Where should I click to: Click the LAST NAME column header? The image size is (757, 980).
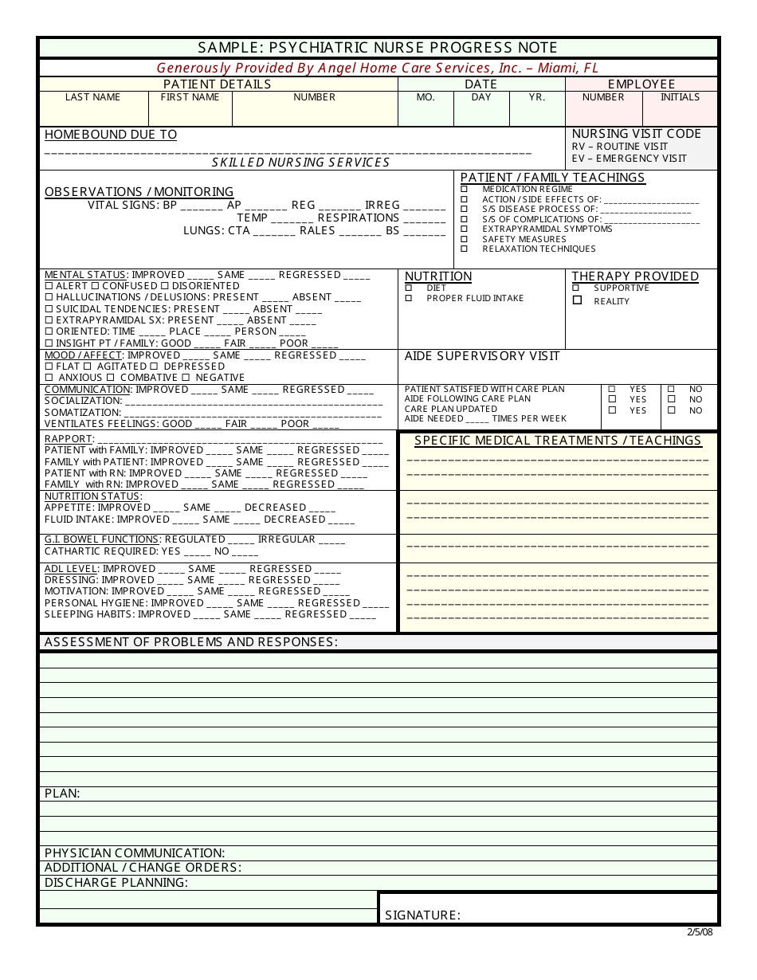[x=93, y=97]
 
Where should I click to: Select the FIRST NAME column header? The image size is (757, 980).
[x=190, y=97]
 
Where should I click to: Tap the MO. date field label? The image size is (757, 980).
[x=426, y=97]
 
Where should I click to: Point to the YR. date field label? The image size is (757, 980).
[x=537, y=97]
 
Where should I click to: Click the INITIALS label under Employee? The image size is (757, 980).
[x=680, y=97]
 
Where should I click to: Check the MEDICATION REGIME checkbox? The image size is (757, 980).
[x=465, y=190]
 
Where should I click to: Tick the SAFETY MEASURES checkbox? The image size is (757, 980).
[x=465, y=239]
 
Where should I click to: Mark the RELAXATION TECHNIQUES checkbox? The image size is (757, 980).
[x=465, y=249]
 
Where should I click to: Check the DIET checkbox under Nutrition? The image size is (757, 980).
[x=409, y=288]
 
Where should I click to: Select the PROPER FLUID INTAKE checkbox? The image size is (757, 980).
[x=409, y=298]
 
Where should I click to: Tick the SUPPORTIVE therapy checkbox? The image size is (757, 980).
[x=576, y=288]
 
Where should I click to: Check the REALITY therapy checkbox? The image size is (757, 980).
[x=577, y=300]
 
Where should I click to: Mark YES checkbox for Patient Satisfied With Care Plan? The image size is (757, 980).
[x=612, y=390]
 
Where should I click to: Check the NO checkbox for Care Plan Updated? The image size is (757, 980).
[x=671, y=410]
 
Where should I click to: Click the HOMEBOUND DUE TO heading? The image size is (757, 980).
[x=111, y=135]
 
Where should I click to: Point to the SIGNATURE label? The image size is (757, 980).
[x=422, y=915]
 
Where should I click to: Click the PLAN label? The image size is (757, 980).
[x=62, y=794]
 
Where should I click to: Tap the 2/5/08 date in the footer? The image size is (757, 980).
[x=700, y=932]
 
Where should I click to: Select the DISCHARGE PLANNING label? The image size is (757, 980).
[x=116, y=883]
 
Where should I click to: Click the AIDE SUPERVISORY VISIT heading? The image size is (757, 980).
[x=482, y=356]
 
